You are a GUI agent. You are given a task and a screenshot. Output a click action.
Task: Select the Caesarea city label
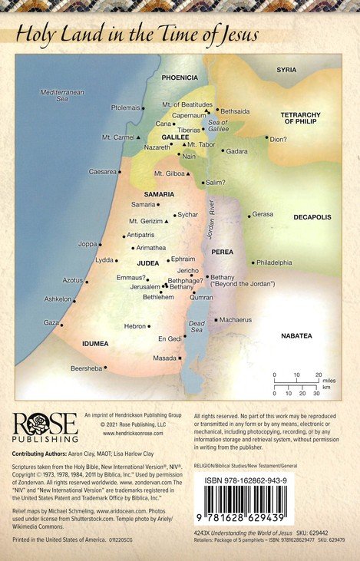click(102, 171)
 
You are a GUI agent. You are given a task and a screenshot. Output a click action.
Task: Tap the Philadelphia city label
click(274, 262)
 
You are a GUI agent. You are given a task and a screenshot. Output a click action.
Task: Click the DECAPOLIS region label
click(312, 217)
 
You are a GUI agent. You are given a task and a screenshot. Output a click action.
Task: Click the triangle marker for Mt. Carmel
click(138, 137)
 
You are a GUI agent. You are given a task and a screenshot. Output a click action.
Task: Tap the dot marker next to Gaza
click(61, 322)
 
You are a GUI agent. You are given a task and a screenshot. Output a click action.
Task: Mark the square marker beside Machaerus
click(216, 319)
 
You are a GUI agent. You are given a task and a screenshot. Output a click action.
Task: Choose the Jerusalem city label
click(144, 286)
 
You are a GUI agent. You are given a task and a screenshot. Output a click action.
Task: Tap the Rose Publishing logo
click(44, 427)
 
